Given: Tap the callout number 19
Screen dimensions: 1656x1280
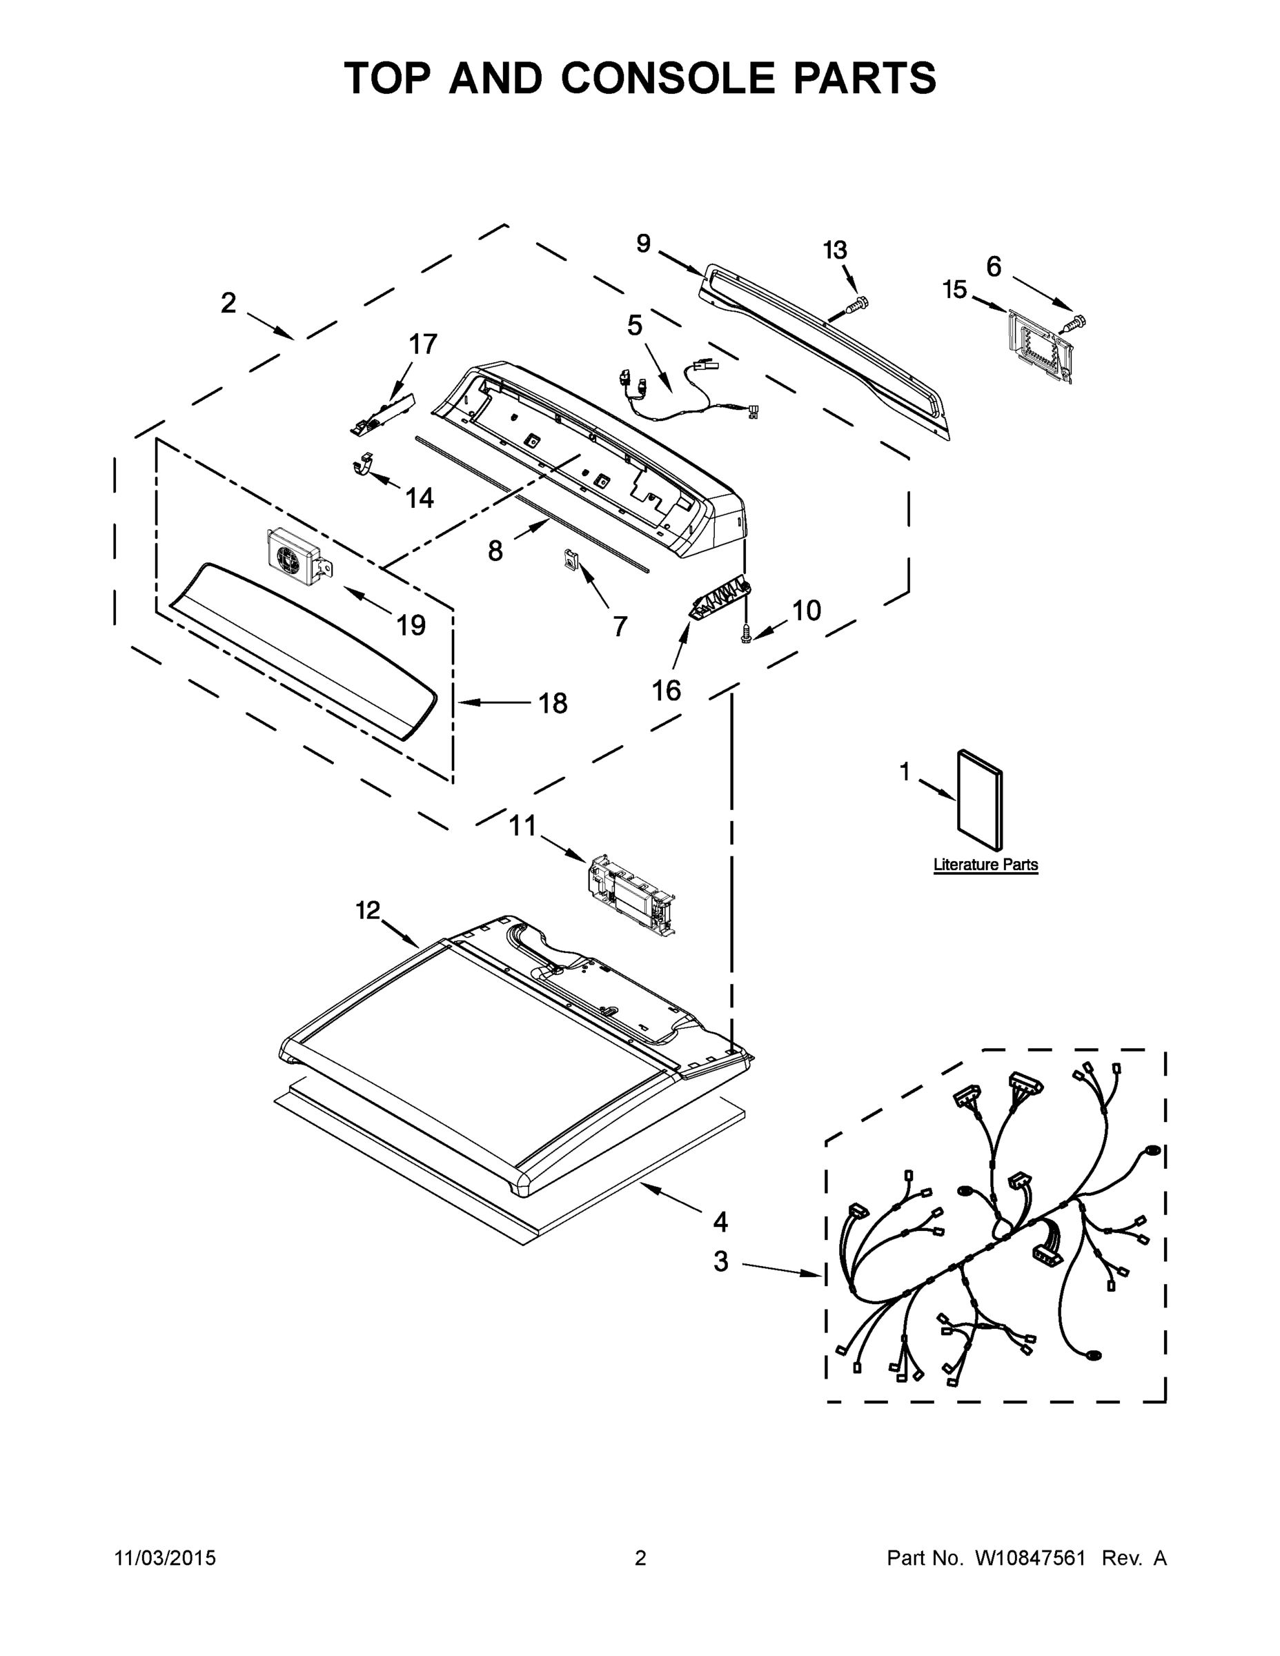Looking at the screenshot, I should (x=411, y=626).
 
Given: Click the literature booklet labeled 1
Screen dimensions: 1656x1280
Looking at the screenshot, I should (x=980, y=802).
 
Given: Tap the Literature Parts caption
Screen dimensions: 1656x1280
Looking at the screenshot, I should (x=985, y=865).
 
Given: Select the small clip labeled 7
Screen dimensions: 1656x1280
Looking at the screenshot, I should (x=570, y=560).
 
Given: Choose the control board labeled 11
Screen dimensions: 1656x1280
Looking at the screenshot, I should (x=631, y=896).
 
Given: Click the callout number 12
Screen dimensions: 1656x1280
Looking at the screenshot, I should (x=368, y=910).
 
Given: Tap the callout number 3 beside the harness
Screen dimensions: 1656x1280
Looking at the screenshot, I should (x=720, y=1262).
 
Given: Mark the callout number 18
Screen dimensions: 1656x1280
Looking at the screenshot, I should (x=553, y=704).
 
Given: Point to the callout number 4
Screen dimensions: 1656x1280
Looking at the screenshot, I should (x=720, y=1221).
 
